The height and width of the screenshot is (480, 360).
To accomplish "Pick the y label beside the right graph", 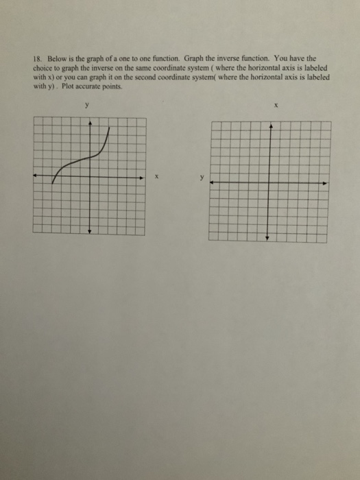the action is tap(202, 182).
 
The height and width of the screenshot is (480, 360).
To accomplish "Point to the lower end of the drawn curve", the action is tap(53, 185).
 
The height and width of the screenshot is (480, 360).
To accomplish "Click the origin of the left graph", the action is tap(89, 176).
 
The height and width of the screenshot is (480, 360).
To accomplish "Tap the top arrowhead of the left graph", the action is tap(89, 121).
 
